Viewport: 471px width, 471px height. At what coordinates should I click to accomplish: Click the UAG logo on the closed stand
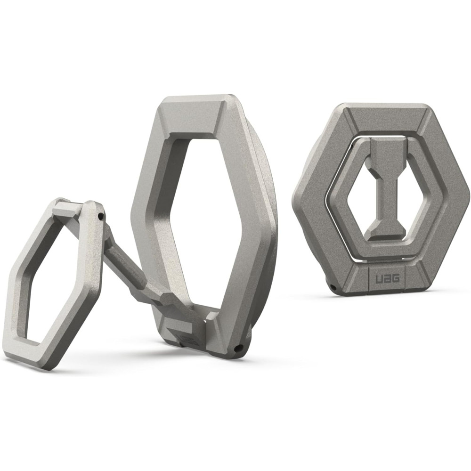coord(388,278)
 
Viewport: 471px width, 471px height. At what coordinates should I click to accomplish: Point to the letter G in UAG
coord(395,278)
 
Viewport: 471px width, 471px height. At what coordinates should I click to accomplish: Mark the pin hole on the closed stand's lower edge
coord(333,286)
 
